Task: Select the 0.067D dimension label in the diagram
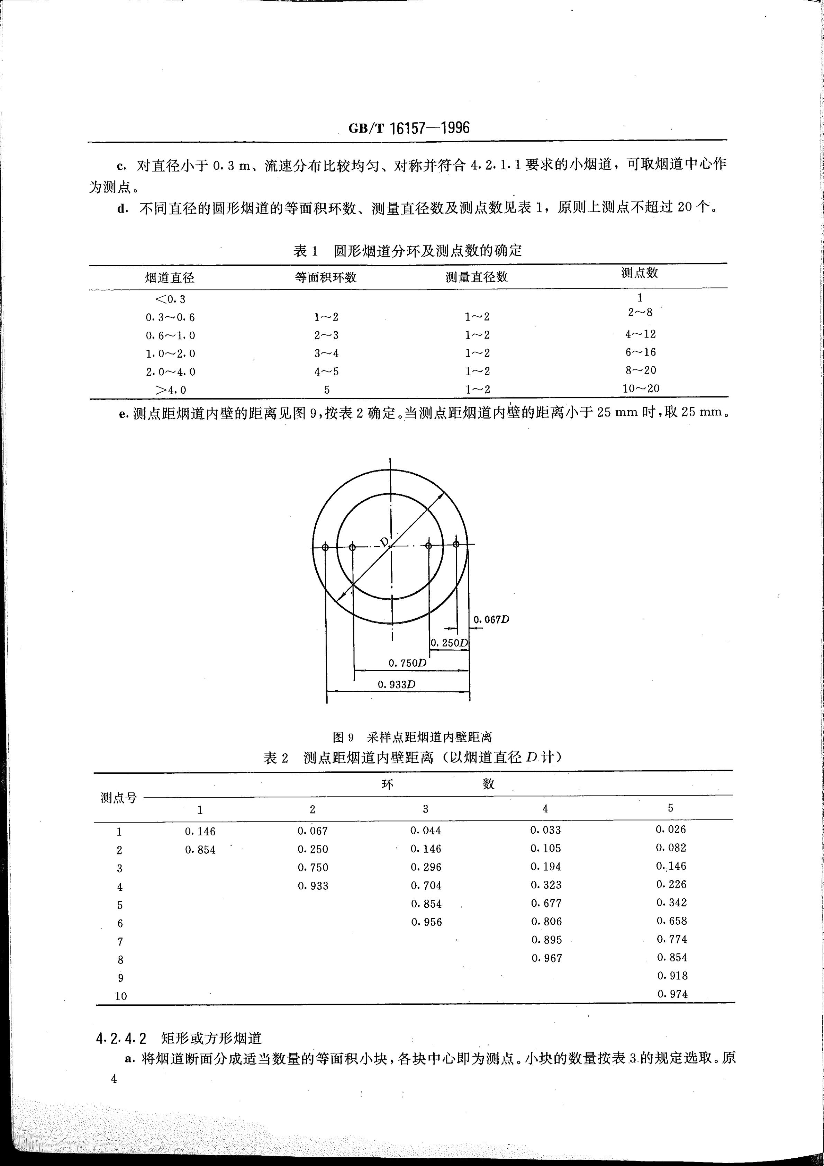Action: click(491, 620)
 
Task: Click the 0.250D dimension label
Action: click(449, 643)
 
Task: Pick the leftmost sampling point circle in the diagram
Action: click(325, 547)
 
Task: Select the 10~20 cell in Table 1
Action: click(641, 388)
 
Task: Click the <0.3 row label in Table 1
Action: click(170, 299)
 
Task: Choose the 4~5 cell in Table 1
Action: click(326, 372)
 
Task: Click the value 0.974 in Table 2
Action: click(672, 994)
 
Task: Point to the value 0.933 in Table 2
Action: click(313, 886)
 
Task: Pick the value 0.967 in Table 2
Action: click(546, 958)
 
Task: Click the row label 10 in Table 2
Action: click(121, 996)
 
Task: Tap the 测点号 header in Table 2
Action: click(119, 798)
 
